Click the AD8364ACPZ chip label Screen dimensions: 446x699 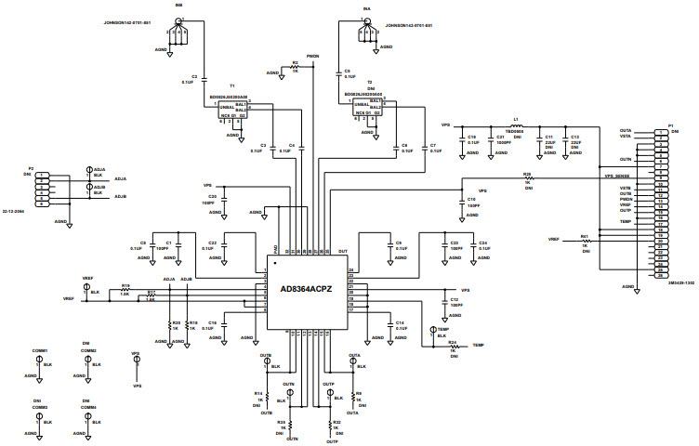(x=308, y=289)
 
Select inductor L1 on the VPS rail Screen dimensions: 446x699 (x=518, y=125)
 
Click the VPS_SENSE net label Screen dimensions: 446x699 (x=616, y=175)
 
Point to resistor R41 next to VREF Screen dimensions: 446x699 (x=586, y=240)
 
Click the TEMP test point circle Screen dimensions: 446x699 (x=432, y=330)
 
